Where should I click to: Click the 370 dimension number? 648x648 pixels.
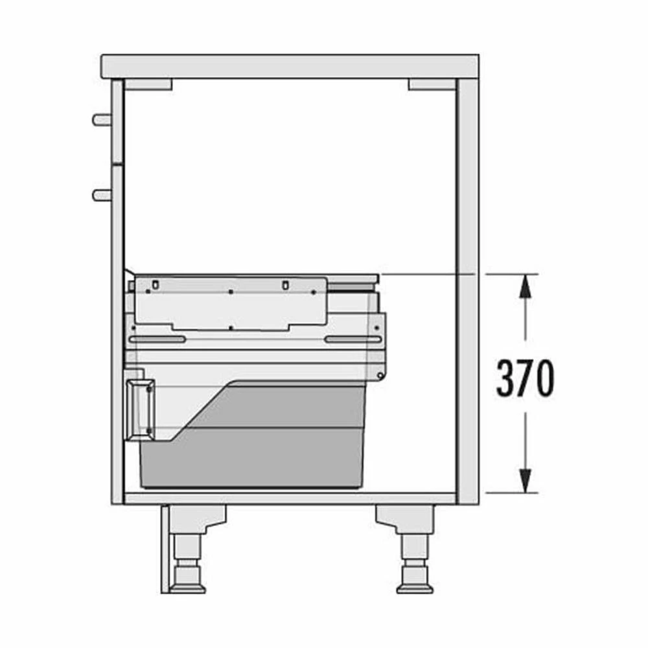(x=525, y=378)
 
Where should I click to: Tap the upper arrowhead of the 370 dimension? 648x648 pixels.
(x=526, y=286)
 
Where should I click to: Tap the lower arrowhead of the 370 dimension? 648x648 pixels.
(x=526, y=481)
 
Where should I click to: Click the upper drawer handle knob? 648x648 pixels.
(x=102, y=120)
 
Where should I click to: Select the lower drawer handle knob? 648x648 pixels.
(x=102, y=195)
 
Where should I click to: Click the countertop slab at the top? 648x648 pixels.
(x=290, y=66)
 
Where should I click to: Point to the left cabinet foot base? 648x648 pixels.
(x=188, y=588)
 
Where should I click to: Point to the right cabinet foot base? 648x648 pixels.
(x=415, y=588)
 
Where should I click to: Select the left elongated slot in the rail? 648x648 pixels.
(x=157, y=340)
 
